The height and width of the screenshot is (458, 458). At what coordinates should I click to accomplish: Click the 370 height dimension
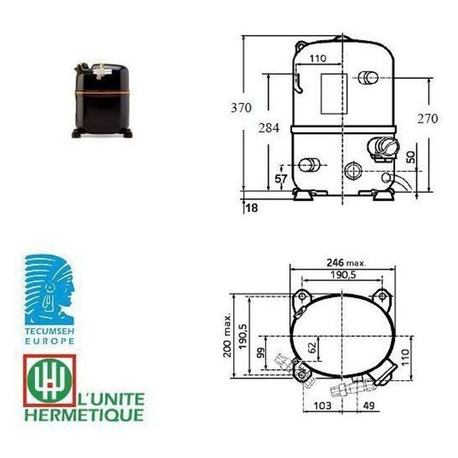241,108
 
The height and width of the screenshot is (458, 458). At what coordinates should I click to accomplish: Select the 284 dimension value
268,128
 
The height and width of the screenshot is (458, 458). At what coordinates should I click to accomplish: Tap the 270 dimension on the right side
428,119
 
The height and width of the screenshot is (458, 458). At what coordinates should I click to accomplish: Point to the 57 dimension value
281,178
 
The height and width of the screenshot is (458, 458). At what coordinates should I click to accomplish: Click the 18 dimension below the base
252,208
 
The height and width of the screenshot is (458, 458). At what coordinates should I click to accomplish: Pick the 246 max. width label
346,263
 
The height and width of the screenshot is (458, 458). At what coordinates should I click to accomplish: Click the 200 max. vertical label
228,335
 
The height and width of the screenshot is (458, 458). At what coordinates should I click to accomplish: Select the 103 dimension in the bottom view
323,406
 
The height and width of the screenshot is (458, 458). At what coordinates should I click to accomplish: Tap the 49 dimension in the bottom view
369,406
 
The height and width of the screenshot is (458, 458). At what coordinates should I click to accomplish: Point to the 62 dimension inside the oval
312,347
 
